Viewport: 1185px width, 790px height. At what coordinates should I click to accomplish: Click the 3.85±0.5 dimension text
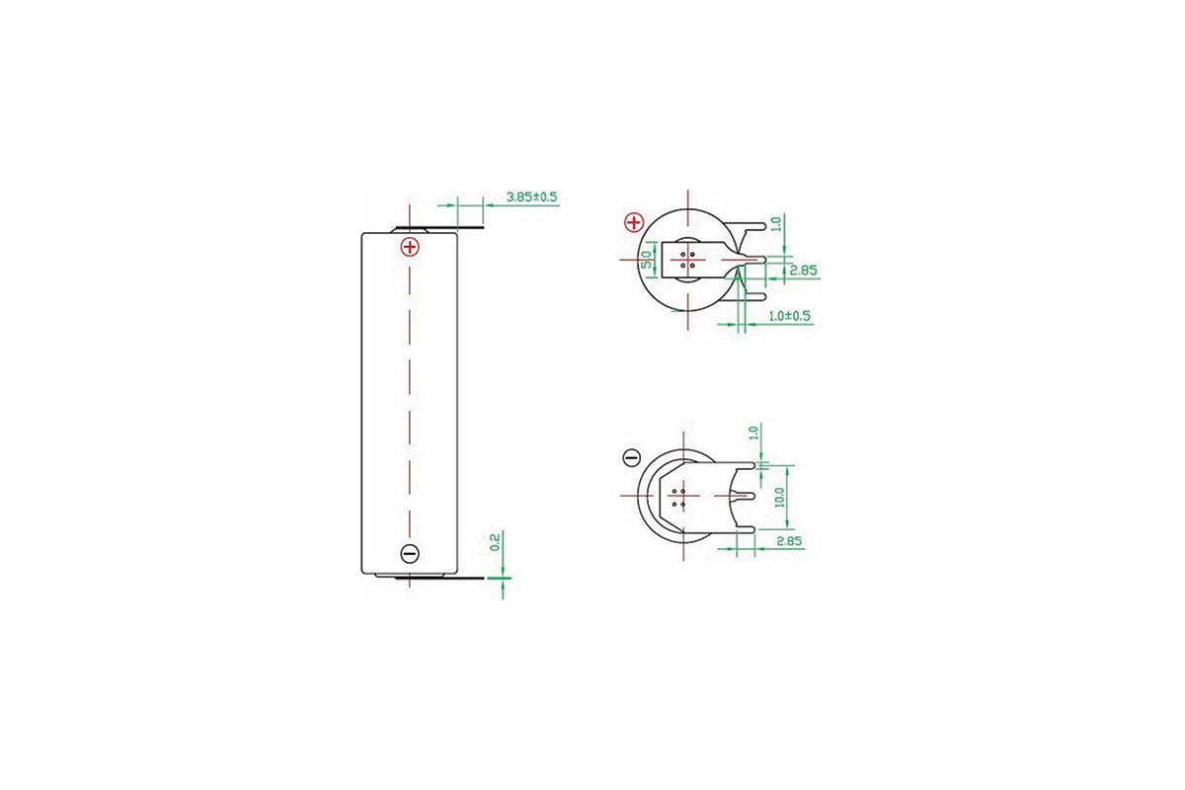[531, 197]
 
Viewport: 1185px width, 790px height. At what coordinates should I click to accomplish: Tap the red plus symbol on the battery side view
[410, 246]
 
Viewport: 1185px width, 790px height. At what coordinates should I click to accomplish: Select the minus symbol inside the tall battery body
[410, 553]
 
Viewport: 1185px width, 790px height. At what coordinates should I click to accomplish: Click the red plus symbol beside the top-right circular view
[634, 222]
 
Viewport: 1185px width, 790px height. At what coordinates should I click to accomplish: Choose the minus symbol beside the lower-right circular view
[632, 458]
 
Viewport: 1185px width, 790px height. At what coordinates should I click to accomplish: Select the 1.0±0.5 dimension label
[790, 316]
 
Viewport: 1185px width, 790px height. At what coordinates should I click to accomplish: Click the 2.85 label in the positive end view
[804, 270]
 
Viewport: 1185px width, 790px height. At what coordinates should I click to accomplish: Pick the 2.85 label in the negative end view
[789, 542]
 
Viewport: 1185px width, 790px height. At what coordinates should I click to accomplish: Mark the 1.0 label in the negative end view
[754, 433]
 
